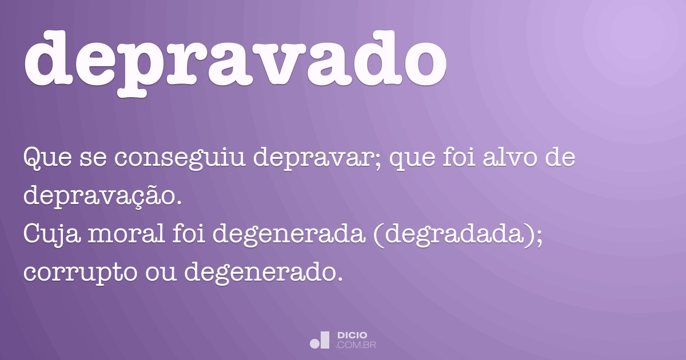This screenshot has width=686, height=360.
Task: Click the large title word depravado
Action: pyautogui.click(x=235, y=61)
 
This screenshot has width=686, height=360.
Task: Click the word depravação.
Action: pyautogui.click(x=102, y=196)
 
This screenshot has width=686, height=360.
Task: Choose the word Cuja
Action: pyautogui.click(x=52, y=235)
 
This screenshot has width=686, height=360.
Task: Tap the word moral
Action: pyautogui.click(x=127, y=234)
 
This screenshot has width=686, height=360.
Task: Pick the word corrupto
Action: pyautogui.click(x=80, y=273)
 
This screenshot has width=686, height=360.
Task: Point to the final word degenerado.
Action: pyautogui.click(x=264, y=273)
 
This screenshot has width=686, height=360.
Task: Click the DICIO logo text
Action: pyautogui.click(x=352, y=335)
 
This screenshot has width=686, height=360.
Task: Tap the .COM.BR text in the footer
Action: pyautogui.click(x=356, y=345)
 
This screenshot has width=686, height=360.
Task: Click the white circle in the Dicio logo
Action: pyautogui.click(x=314, y=343)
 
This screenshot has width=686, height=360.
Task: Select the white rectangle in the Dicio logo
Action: pyautogui.click(x=325, y=340)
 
